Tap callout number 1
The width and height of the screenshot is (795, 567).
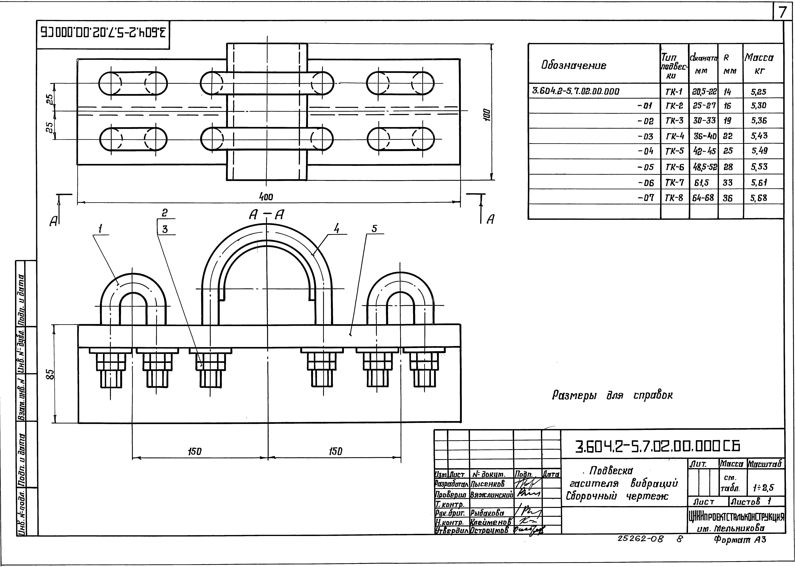(x=101, y=229)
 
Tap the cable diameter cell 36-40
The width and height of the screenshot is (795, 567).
(x=703, y=136)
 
